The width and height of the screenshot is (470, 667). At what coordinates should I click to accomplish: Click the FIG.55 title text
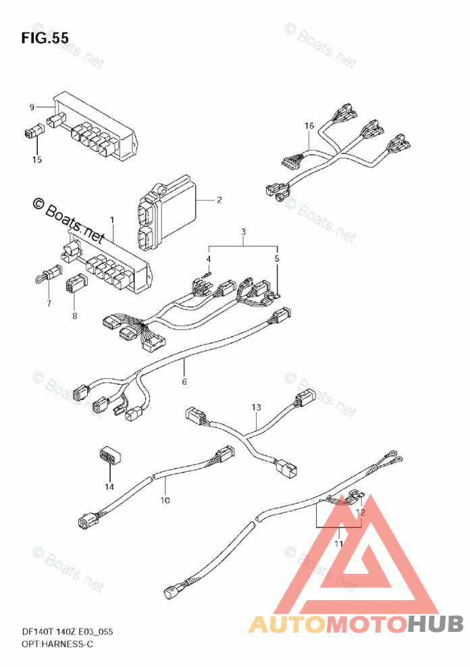point(45,38)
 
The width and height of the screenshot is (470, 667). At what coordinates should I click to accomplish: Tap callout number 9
point(32,107)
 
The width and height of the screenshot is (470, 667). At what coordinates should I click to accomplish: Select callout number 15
point(37,159)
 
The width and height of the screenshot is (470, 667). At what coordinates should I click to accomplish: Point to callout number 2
point(219,200)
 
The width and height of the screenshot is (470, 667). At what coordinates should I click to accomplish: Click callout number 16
point(309,126)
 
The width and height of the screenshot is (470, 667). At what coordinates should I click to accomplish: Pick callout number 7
point(49,303)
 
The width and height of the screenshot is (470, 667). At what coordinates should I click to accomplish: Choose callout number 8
point(74,316)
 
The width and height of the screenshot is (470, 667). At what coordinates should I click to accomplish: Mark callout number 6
point(184,381)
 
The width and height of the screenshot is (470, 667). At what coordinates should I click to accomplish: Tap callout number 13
point(256,407)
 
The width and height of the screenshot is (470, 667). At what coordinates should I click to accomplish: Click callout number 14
point(109,487)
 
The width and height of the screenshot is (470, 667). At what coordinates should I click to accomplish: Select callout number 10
point(165,500)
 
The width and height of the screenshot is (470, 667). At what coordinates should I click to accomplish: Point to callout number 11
point(339,543)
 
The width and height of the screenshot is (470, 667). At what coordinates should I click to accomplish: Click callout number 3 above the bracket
point(243,232)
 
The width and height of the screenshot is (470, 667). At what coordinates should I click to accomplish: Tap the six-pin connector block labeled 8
point(75,284)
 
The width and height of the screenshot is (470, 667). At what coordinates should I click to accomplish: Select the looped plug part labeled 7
point(48,275)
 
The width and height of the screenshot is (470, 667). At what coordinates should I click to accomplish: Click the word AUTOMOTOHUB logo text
point(356,624)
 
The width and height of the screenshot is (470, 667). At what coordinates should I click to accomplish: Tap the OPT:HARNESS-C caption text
point(57,644)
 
